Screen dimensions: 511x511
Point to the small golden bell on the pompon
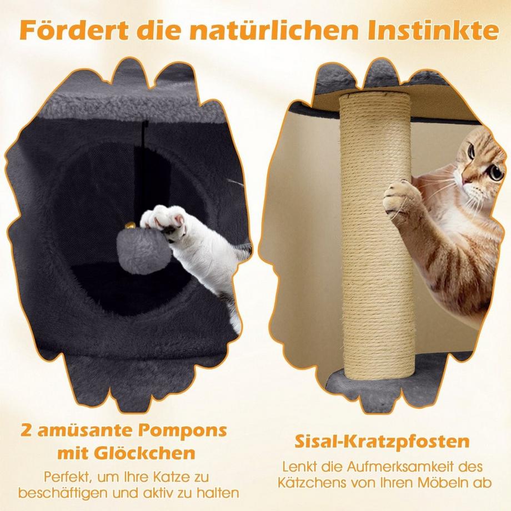(x=131, y=226)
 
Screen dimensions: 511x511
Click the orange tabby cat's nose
(x=467, y=179)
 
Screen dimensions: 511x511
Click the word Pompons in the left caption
(x=182, y=430)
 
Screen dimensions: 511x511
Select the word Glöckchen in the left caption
(x=144, y=453)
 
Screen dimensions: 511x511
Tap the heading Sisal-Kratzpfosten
(x=382, y=442)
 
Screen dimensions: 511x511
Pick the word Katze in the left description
(x=172, y=477)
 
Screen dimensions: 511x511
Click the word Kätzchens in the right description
(x=310, y=483)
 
